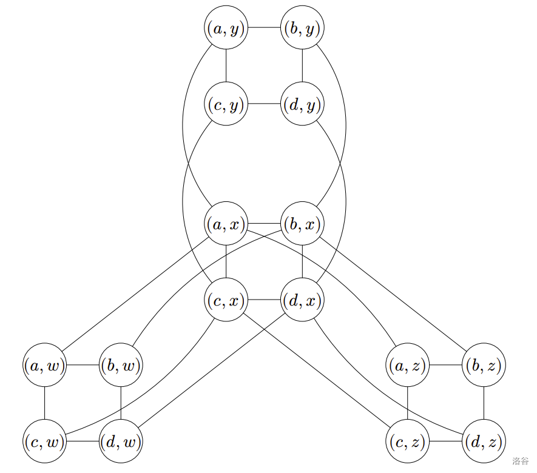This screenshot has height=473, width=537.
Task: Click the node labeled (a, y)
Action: (x=226, y=28)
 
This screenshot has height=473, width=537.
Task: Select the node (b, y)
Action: (x=302, y=28)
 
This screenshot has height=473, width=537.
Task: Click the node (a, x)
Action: (x=226, y=224)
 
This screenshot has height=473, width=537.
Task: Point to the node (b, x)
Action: (x=302, y=224)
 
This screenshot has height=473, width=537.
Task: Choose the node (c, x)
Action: (x=226, y=300)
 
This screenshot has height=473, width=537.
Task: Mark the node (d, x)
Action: (x=302, y=300)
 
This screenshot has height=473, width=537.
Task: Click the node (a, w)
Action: (x=45, y=365)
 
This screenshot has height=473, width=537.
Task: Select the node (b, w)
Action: (x=121, y=365)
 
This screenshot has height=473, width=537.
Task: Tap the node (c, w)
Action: (x=45, y=441)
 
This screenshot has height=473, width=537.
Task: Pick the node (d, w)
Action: (x=121, y=441)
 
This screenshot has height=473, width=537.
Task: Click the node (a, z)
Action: (x=407, y=365)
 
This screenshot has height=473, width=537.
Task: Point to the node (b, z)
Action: (x=484, y=365)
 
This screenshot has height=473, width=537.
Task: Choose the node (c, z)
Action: (x=407, y=441)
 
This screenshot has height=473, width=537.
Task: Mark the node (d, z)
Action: (x=484, y=441)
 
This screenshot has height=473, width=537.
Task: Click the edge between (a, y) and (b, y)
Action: (x=264, y=28)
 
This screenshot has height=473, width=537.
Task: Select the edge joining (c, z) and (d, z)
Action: (x=445, y=441)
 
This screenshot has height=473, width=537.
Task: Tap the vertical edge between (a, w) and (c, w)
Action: (x=45, y=403)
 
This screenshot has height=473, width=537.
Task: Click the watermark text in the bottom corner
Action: (x=520, y=461)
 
